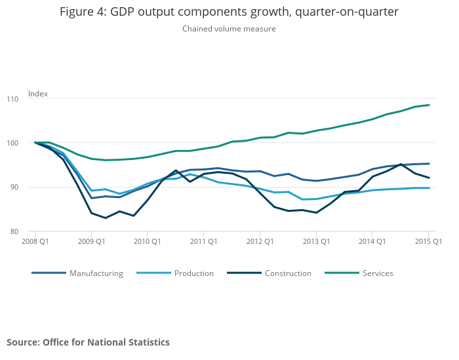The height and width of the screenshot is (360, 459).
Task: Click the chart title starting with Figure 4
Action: click(x=229, y=12)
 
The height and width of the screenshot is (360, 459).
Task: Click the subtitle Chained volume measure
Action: click(x=229, y=29)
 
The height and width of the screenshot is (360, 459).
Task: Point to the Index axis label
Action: click(x=38, y=94)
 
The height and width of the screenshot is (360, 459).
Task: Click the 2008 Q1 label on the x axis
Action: click(x=35, y=241)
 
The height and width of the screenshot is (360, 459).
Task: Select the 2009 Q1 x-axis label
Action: click(x=92, y=241)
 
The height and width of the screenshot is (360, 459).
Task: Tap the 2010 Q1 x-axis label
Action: click(x=148, y=241)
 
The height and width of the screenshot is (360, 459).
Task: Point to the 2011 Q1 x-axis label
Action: click(x=204, y=241)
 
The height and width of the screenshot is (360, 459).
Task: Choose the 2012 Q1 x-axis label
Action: click(x=260, y=241)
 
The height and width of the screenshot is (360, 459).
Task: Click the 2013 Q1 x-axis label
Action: click(x=316, y=241)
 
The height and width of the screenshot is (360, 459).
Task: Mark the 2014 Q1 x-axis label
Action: click(x=372, y=241)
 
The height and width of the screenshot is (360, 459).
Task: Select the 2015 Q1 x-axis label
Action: click(x=428, y=241)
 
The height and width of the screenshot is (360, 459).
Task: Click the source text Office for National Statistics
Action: click(x=88, y=342)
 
